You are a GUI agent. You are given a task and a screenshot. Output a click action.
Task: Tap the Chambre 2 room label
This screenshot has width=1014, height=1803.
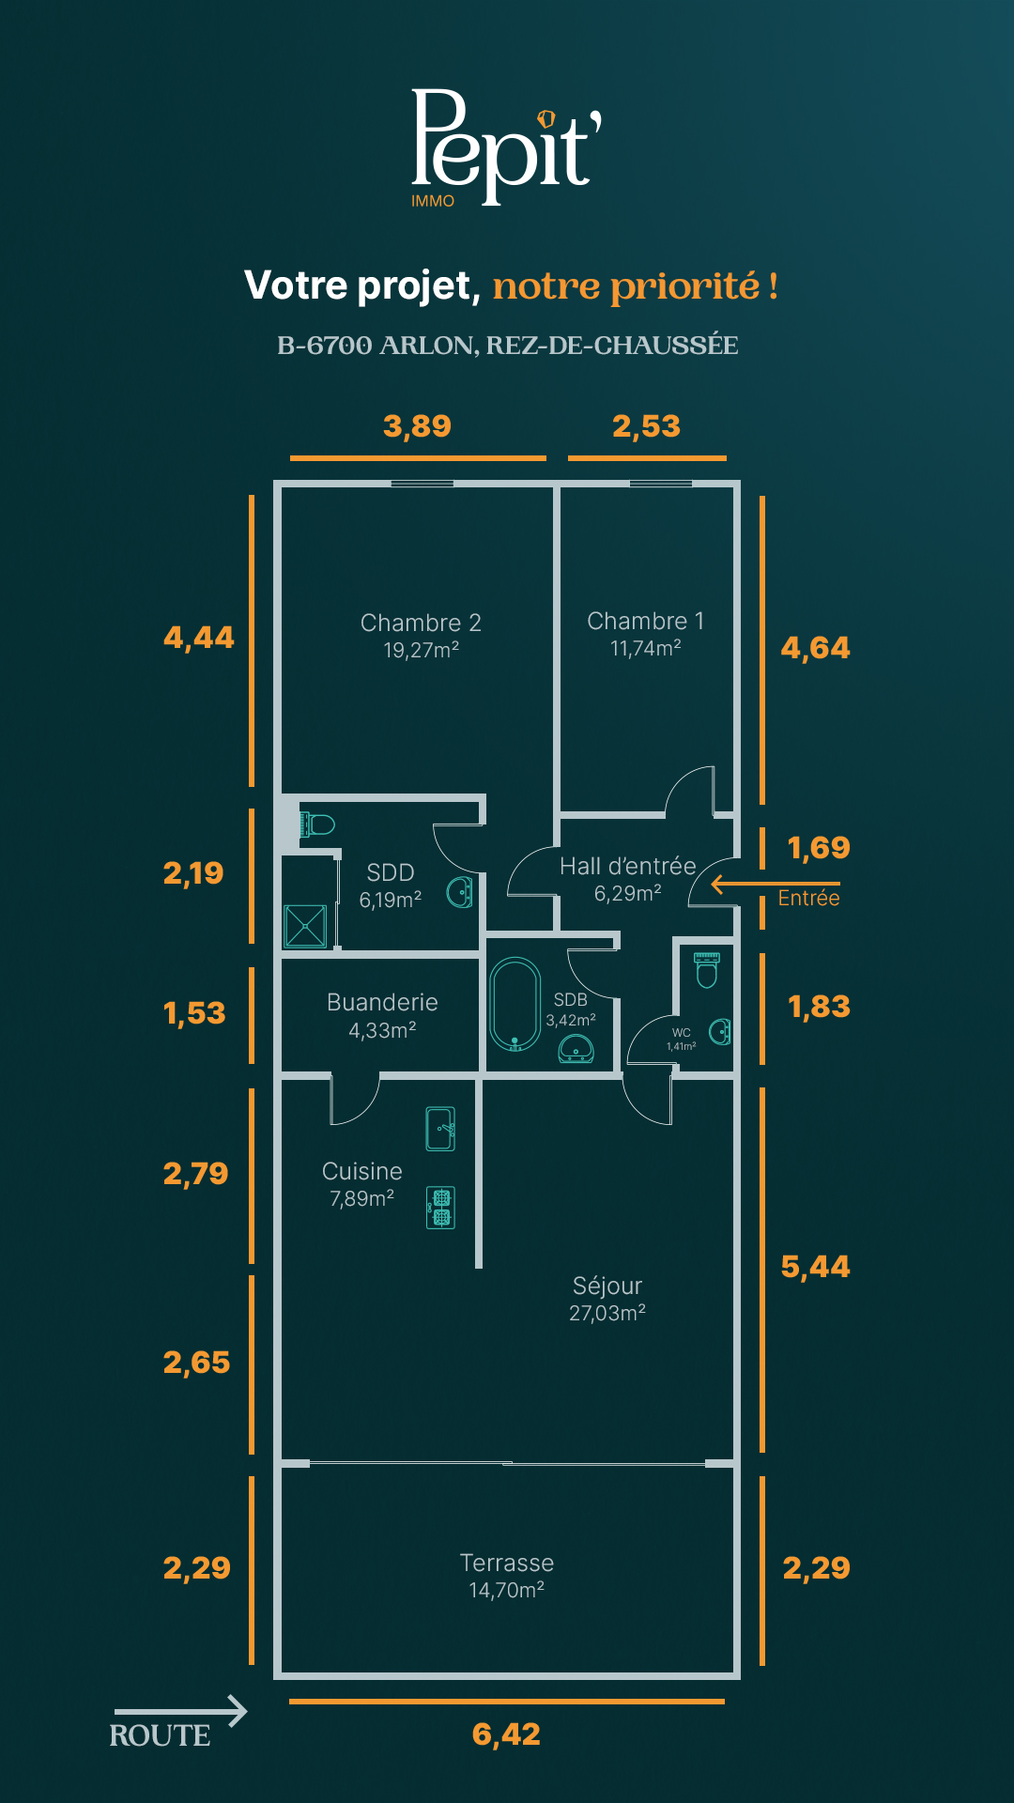421,623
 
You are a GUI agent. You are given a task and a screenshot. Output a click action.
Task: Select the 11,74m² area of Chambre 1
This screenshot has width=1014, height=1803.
646,648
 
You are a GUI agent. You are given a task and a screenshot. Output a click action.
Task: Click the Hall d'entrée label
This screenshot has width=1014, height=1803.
628,866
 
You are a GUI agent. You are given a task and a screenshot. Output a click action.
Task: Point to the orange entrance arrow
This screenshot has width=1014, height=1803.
776,884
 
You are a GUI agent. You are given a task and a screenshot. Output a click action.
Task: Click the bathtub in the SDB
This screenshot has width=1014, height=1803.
515,1004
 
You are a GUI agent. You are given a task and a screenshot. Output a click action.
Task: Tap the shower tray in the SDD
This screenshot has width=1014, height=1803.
306,926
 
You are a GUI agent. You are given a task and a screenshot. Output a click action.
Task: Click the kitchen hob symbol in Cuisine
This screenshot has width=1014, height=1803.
441,1207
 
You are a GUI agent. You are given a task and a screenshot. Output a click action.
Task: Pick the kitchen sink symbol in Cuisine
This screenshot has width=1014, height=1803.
440,1129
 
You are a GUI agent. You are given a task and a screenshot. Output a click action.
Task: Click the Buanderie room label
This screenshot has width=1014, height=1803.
382,1002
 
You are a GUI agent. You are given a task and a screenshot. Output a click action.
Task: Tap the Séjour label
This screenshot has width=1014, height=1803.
607,1286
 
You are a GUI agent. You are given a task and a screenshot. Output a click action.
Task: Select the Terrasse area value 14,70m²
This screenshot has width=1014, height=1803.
507,1590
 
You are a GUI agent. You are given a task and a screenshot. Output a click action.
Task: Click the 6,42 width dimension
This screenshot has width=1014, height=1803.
506,1734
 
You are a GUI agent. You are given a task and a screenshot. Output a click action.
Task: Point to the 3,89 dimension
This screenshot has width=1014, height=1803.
418,426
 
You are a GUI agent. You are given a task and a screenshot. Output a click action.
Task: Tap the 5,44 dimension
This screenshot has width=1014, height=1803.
816,1267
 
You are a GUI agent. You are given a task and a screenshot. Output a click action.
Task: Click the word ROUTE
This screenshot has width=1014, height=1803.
160,1735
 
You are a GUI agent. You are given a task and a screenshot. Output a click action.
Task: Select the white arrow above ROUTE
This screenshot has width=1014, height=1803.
180,1711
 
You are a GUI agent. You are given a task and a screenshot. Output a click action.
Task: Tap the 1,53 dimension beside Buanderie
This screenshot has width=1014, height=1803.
194,1013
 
